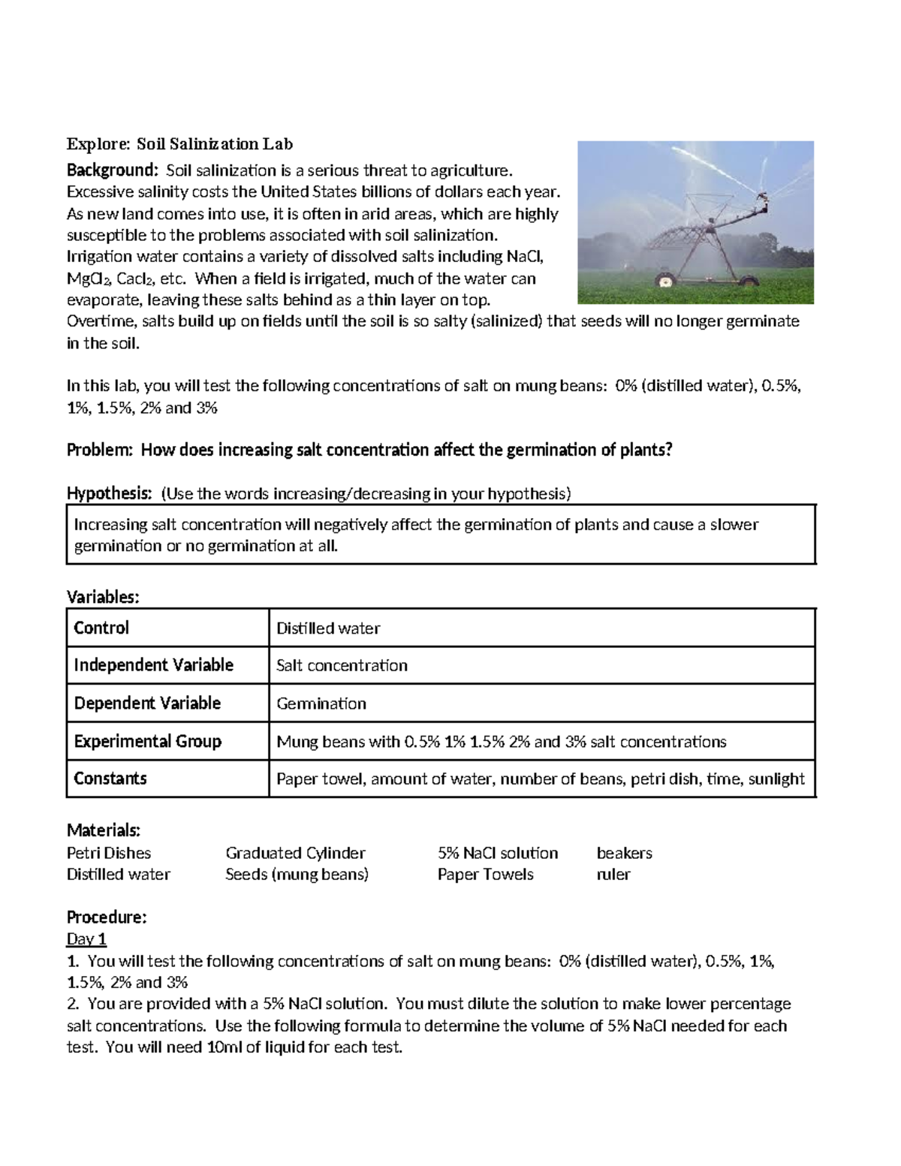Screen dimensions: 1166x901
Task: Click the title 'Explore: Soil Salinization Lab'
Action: pos(179,143)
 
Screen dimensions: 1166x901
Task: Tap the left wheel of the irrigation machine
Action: pos(664,282)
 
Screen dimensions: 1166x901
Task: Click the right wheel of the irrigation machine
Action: pos(749,281)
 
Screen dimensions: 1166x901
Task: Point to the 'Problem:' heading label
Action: pos(100,450)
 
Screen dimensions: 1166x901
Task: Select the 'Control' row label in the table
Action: pos(101,628)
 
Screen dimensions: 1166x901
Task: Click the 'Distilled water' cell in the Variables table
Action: pos(328,628)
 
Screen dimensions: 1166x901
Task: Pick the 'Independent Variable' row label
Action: pos(153,665)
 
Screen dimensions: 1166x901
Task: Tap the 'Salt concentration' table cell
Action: pos(342,666)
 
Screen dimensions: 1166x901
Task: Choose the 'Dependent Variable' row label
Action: pos(147,704)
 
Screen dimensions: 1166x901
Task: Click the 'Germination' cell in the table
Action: pos(321,704)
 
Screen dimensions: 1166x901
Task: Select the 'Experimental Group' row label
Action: pos(147,742)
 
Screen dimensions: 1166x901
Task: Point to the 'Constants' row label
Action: pos(110,779)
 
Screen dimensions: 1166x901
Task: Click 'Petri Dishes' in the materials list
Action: pos(109,853)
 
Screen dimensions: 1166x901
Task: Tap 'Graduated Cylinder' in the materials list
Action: pos(295,853)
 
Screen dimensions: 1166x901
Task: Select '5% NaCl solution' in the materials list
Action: pos(498,853)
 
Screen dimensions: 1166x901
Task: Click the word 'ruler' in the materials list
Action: pos(613,875)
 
